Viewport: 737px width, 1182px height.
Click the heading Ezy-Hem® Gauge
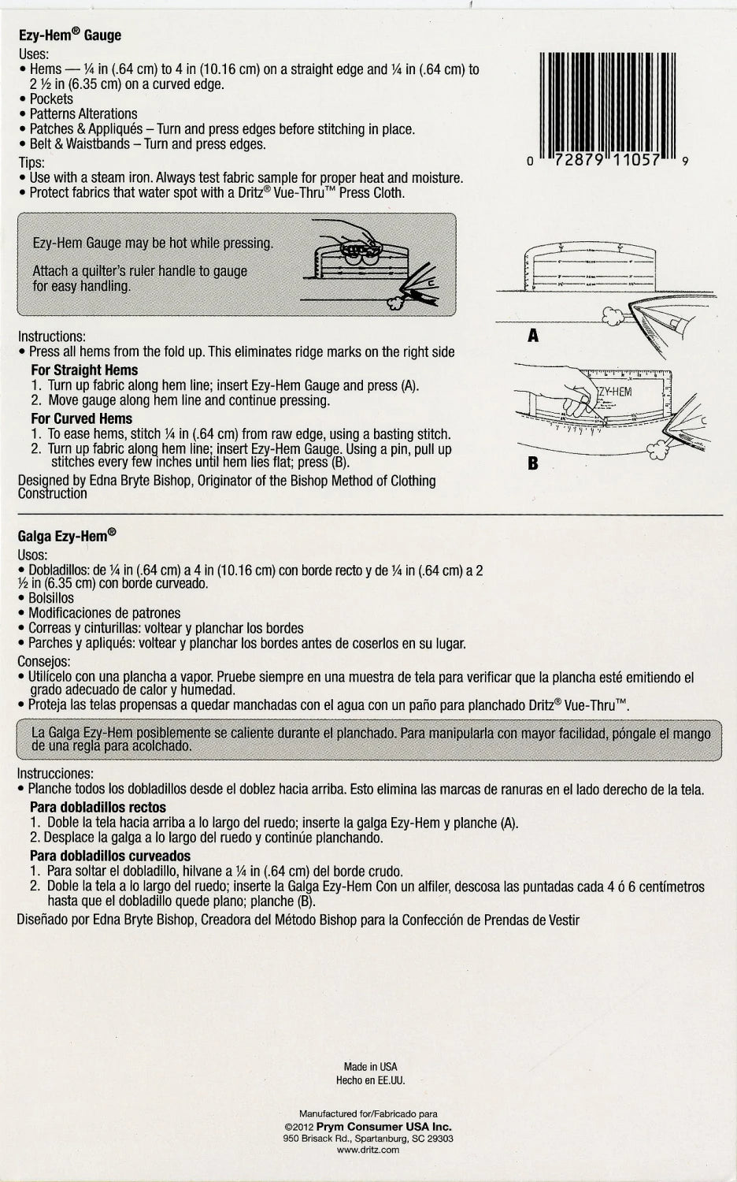point(69,36)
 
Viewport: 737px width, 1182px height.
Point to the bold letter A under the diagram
point(533,336)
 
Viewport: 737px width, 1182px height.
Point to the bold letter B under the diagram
point(533,463)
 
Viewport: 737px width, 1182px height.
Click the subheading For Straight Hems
point(84,370)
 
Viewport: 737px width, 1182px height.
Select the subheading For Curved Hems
point(81,419)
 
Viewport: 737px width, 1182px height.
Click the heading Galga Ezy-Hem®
point(67,535)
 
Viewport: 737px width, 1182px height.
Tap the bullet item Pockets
point(51,99)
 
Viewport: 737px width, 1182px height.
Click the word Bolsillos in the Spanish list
point(51,598)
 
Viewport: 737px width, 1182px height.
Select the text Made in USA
point(370,1067)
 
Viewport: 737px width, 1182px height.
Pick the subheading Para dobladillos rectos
point(98,808)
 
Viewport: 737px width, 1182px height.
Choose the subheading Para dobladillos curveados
point(109,856)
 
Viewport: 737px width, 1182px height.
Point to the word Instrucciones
point(55,774)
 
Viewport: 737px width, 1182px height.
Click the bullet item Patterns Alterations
point(83,114)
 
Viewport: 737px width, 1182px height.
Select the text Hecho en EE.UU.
point(370,1080)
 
